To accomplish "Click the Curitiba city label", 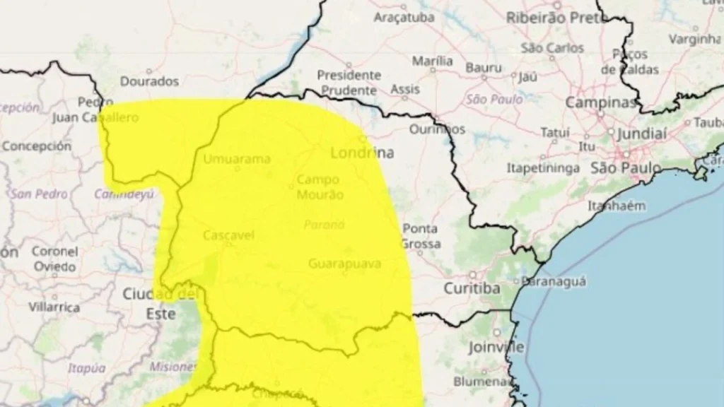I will (472, 288).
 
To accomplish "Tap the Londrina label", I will (362, 153).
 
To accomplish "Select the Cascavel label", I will (228, 235).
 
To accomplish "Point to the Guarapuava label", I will (345, 264).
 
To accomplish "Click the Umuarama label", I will (236, 159).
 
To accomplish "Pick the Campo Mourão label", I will (320, 187).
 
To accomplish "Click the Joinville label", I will (496, 347).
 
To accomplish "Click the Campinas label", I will (600, 103).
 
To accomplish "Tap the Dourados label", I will (149, 81).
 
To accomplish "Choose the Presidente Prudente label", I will (349, 83).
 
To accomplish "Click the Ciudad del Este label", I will (159, 303).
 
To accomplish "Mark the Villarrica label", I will (54, 307).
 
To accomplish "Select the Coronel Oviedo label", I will (54, 259).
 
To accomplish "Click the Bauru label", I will (483, 68).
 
